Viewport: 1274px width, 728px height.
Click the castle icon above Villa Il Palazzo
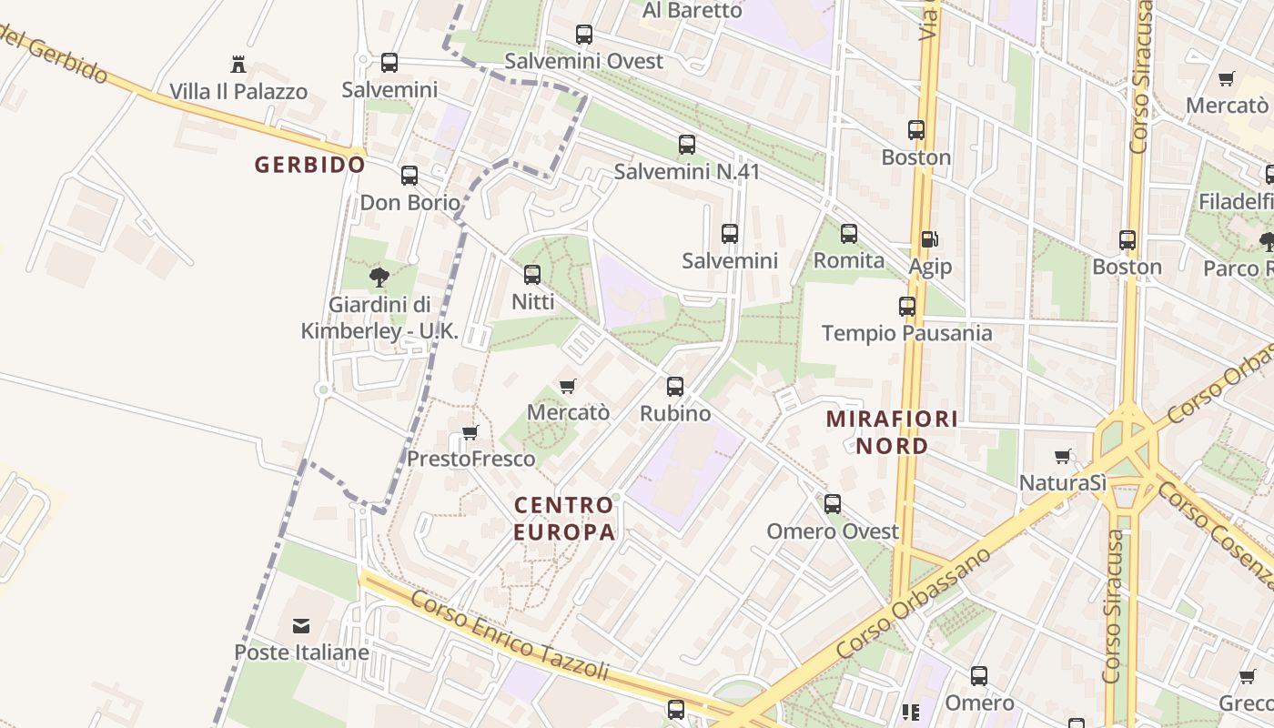click(238, 65)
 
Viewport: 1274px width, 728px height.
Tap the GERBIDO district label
click(309, 165)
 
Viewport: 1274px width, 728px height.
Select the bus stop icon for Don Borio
click(409, 176)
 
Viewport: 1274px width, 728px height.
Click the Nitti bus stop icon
click(532, 274)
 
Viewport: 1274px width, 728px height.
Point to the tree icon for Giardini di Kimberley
click(379, 277)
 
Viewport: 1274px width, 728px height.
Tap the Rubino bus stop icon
click(674, 387)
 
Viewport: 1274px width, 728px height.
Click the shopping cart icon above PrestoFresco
click(470, 432)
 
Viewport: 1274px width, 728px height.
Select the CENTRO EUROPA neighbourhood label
click(564, 518)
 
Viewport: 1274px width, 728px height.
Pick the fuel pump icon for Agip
click(929, 240)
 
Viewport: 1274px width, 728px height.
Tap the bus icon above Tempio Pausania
click(906, 307)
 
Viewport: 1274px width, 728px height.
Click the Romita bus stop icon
click(849, 234)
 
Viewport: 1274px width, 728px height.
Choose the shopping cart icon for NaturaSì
click(1062, 456)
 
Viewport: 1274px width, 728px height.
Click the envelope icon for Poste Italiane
click(300, 626)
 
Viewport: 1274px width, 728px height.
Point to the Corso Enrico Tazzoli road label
click(509, 636)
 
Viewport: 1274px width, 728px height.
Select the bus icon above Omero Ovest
click(833, 504)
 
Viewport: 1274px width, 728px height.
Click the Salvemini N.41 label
click(686, 172)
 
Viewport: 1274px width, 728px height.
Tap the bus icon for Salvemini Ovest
click(584, 35)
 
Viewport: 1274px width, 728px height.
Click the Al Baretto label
click(693, 10)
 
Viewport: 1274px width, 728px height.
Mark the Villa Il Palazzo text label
click(238, 92)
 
